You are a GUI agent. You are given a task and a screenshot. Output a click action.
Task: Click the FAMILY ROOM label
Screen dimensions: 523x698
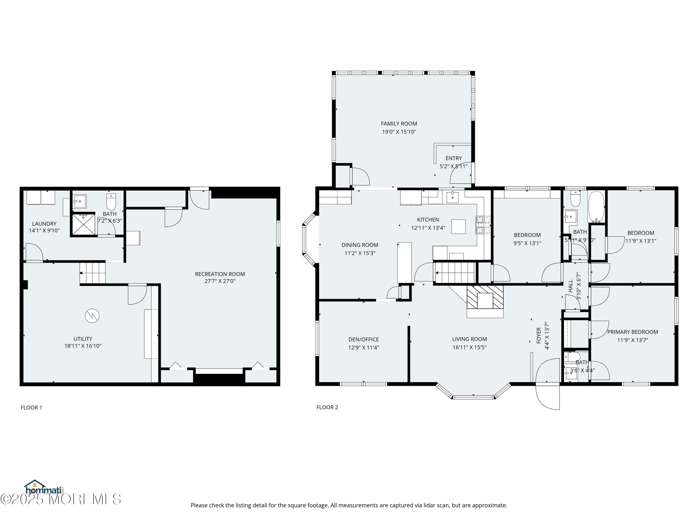point(399,124)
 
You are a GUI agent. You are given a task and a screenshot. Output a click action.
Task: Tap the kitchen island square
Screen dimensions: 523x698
point(458,226)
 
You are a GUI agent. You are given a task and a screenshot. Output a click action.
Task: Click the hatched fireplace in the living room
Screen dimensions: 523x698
point(485,297)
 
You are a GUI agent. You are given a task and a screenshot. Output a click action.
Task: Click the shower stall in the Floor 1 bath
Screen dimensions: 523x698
point(83,224)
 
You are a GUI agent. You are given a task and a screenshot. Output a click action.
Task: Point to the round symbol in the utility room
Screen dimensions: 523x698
point(92,316)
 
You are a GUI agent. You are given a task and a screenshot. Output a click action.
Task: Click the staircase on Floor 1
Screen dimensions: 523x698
point(92,272)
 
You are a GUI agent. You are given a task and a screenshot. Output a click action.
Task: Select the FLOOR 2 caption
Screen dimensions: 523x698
point(327,407)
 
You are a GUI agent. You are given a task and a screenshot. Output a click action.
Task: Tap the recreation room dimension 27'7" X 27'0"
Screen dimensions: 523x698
point(220,281)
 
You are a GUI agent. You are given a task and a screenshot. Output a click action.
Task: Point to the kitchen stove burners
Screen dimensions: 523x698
point(483,225)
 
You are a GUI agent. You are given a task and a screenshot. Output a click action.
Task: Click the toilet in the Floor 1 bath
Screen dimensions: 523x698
point(111,202)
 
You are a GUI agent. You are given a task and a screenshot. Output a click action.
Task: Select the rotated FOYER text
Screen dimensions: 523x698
point(539,335)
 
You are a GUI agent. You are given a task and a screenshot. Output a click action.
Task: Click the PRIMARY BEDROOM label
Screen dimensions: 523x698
point(632,332)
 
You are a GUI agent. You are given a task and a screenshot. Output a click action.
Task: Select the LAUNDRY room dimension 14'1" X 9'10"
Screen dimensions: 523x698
point(44,230)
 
